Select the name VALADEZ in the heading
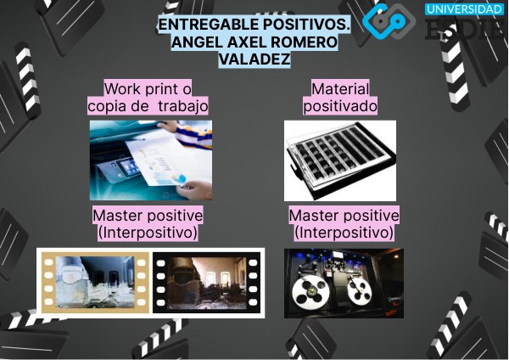click(255, 60)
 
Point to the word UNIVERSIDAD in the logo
click(465, 9)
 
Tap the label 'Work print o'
click(148, 88)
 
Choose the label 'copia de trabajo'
click(148, 105)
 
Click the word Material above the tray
click(340, 88)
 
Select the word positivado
click(340, 105)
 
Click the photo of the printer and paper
click(150, 160)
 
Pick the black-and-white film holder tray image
click(339, 160)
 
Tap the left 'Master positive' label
click(148, 216)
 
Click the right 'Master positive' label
click(344, 216)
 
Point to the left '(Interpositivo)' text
click(148, 232)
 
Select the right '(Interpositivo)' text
click(344, 232)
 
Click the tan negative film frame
click(94, 282)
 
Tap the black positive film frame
click(206, 282)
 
